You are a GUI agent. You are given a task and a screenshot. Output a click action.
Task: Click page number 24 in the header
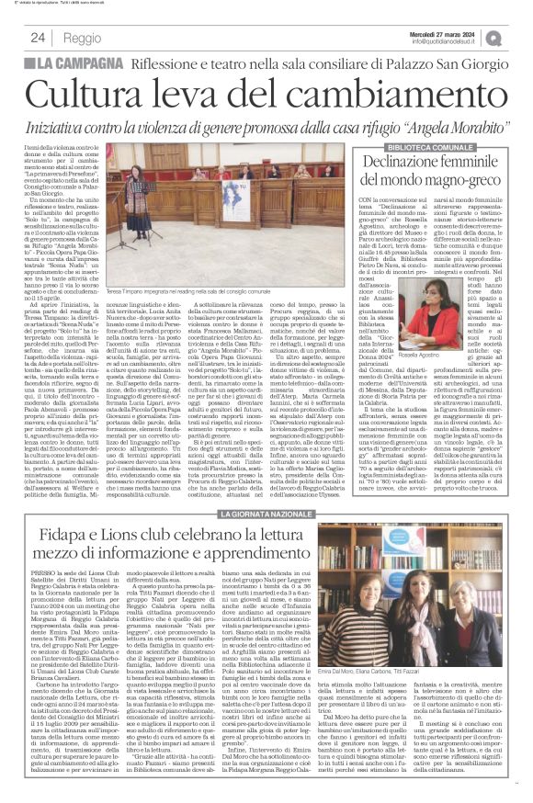point(39,38)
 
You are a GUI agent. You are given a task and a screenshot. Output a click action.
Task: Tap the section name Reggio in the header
point(83,38)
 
